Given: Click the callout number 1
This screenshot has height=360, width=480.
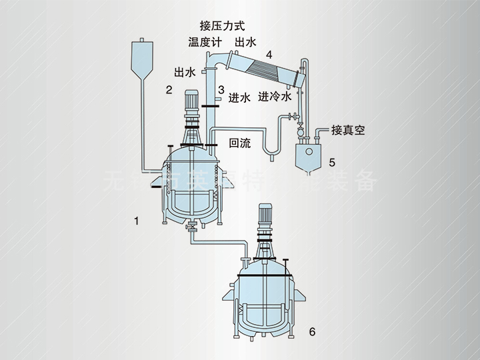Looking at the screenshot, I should click(x=137, y=220).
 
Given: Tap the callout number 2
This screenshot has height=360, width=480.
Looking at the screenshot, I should click(x=169, y=89).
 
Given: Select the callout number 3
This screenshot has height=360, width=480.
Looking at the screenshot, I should click(x=221, y=89).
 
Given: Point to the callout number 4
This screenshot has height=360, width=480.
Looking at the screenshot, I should click(x=268, y=55).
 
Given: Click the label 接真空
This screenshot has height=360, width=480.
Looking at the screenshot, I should click(x=348, y=131).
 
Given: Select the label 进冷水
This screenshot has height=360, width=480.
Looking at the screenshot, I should click(x=275, y=97).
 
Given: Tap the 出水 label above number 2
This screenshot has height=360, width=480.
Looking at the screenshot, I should click(x=185, y=72).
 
